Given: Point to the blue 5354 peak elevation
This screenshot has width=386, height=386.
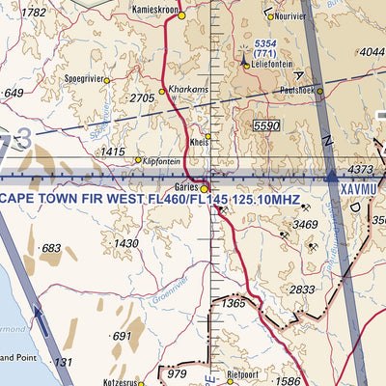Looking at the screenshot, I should pyautogui.click(x=266, y=45).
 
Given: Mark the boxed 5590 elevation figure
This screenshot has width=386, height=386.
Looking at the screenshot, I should pyautogui.click(x=265, y=126).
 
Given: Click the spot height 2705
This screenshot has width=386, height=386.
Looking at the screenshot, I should pyautogui.click(x=142, y=98).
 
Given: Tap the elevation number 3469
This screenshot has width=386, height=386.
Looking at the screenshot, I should pyautogui.click(x=306, y=225).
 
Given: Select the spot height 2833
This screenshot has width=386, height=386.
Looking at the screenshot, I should pyautogui.click(x=302, y=289).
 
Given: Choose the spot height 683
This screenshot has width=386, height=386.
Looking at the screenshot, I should pyautogui.click(x=51, y=248).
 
